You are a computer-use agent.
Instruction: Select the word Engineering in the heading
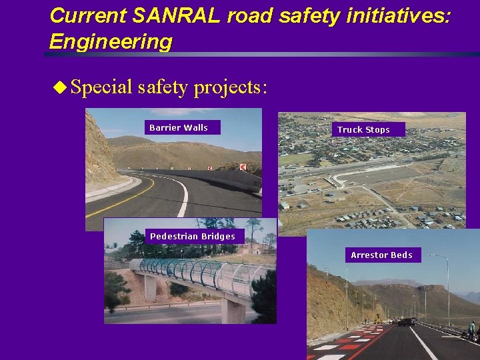pyautogui.click(x=111, y=41)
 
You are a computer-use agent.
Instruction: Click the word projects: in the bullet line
pyautogui.click(x=231, y=87)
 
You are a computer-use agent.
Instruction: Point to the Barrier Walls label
pyautogui.click(x=179, y=127)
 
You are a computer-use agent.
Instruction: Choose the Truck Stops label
pyautogui.click(x=363, y=129)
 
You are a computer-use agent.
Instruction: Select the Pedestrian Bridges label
pyautogui.click(x=193, y=236)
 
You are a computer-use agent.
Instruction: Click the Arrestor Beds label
pyautogui.click(x=381, y=255)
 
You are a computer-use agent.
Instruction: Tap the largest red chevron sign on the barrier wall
pyautogui.click(x=243, y=167)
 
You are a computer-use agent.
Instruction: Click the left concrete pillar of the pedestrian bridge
pyautogui.click(x=151, y=287)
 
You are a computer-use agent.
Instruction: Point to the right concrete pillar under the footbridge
pyautogui.click(x=233, y=309)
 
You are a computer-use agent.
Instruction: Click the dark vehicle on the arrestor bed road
pyautogui.click(x=405, y=322)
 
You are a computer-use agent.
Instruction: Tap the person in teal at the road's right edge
pyautogui.click(x=472, y=329)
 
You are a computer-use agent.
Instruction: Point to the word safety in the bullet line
pyautogui.click(x=163, y=87)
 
